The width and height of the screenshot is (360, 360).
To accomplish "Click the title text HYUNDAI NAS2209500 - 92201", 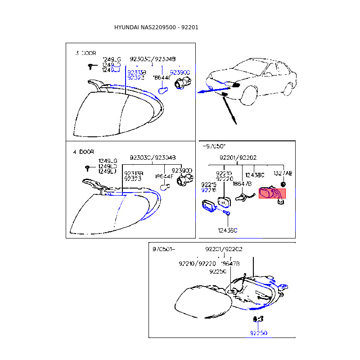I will pyautogui.click(x=156, y=27).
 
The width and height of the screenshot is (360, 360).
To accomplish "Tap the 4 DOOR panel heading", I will pyautogui.click(x=83, y=152).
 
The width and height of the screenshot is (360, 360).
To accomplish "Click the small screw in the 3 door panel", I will pyautogui.click(x=91, y=67).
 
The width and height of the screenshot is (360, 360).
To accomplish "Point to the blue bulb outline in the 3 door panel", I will pyautogui.click(x=164, y=90).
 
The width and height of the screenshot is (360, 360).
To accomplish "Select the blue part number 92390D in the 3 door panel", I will pyautogui.click(x=180, y=72).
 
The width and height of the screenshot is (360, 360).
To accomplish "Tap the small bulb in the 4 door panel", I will pyautogui.click(x=164, y=188).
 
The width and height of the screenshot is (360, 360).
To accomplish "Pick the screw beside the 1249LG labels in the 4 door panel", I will pyautogui.click(x=87, y=168).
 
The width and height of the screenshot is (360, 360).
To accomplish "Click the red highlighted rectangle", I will pyautogui.click(x=272, y=194).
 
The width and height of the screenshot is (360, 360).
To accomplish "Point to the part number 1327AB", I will pyautogui.click(x=283, y=173).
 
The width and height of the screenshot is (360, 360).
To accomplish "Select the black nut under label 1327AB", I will pyautogui.click(x=283, y=184).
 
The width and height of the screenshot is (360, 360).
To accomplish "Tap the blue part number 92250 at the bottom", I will pyautogui.click(x=259, y=333).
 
